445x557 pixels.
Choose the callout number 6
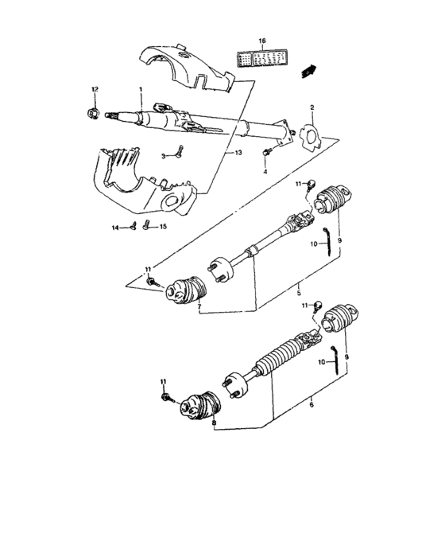click(x=310, y=405)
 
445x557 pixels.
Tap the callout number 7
click(x=199, y=306)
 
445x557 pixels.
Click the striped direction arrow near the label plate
click(x=306, y=73)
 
